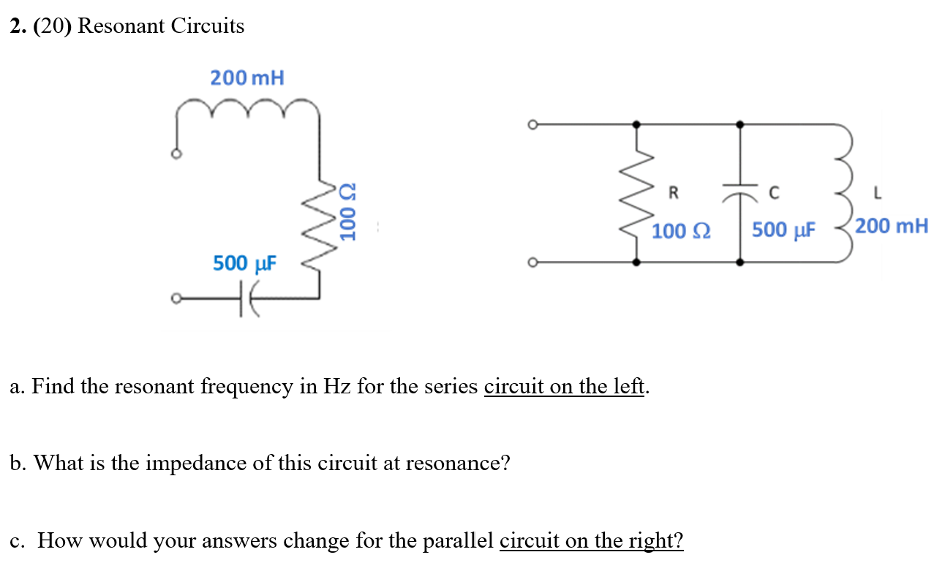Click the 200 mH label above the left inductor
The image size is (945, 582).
[x=246, y=78]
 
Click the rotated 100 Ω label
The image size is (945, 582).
[x=349, y=212]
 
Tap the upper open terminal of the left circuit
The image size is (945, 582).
[x=176, y=154]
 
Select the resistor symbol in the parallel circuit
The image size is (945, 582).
[x=638, y=194]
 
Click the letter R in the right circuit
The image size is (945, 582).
[x=673, y=193]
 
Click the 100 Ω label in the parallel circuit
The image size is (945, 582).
[x=679, y=231]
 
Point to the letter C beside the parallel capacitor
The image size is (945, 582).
[x=774, y=193]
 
